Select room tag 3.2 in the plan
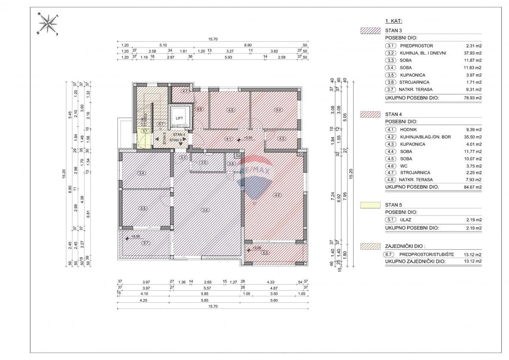(x=205, y=209)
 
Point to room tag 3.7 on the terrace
(x=146, y=243)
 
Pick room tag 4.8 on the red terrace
(x=266, y=253)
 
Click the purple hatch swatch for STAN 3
(x=370, y=31)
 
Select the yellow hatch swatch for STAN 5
(x=370, y=205)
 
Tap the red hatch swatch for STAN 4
(x=370, y=114)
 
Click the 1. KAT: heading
(x=394, y=20)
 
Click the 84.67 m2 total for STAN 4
(x=473, y=187)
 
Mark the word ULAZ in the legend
(x=406, y=220)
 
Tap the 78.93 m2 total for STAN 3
(x=473, y=97)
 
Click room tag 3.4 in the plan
(x=141, y=173)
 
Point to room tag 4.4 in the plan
(x=278, y=110)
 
